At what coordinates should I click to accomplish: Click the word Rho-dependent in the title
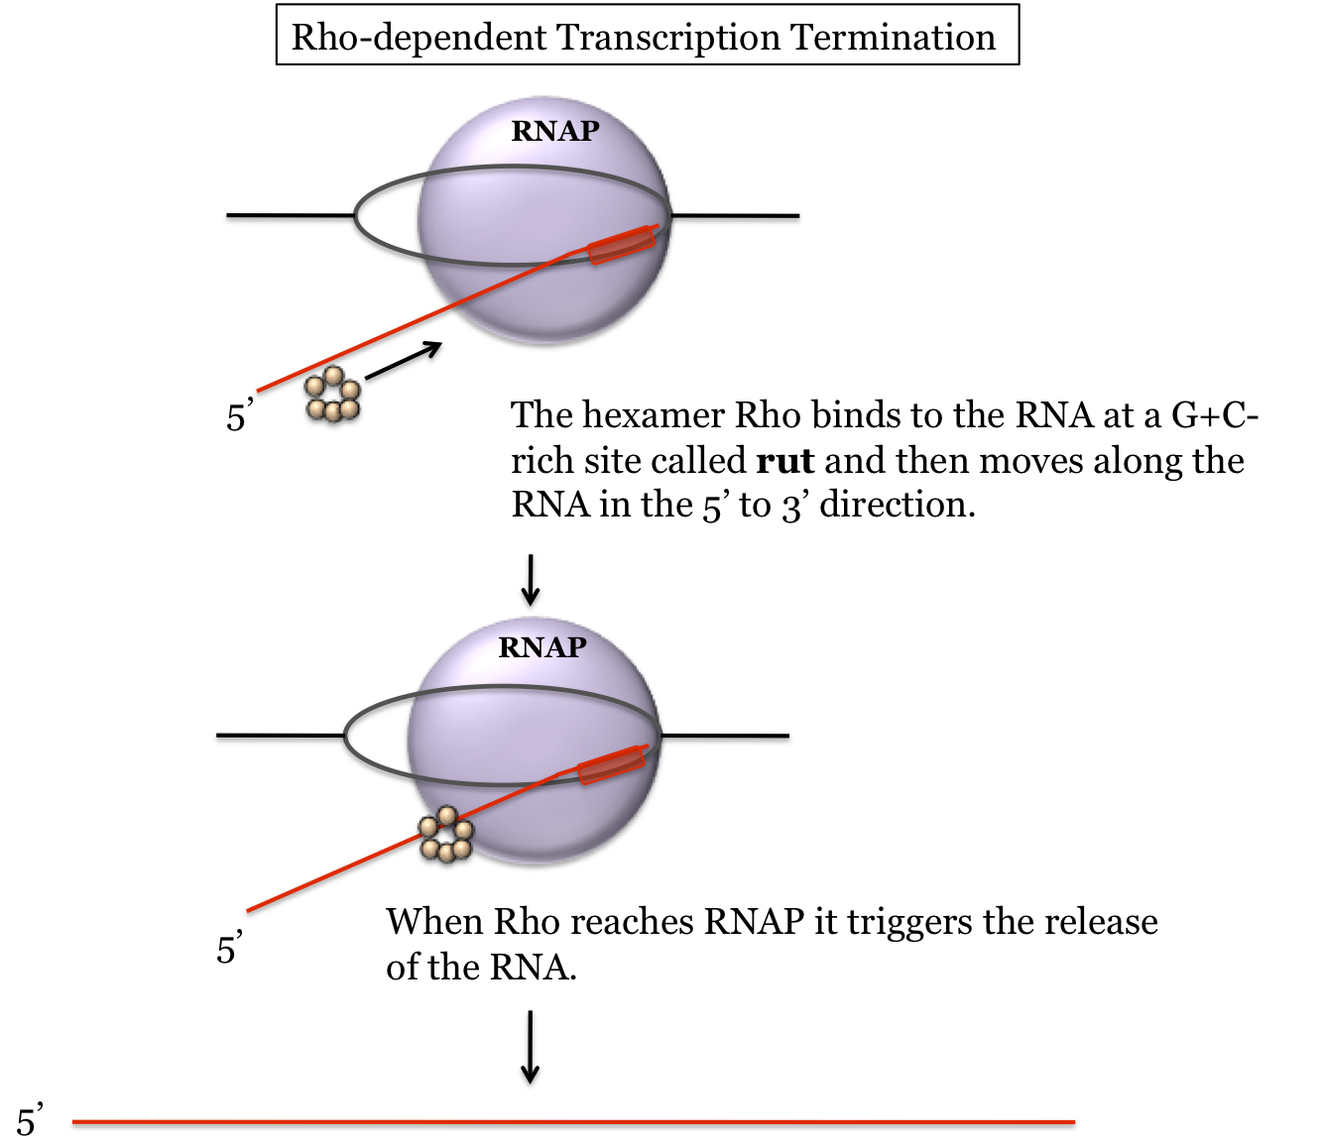(x=420, y=38)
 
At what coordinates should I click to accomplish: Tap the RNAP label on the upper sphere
(x=555, y=131)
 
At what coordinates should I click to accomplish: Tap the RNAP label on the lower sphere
(x=542, y=647)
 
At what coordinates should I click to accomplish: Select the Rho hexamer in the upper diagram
(x=333, y=396)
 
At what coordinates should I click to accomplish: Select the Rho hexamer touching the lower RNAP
(x=445, y=835)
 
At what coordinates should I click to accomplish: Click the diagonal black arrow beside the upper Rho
(x=403, y=361)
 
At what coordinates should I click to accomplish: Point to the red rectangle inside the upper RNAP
(x=622, y=245)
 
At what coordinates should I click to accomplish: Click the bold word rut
(x=784, y=461)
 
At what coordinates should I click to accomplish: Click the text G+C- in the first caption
(x=1215, y=415)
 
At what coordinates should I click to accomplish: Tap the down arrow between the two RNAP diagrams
(x=531, y=580)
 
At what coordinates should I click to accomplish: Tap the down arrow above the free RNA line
(x=531, y=1047)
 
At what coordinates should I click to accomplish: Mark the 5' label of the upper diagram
(x=239, y=416)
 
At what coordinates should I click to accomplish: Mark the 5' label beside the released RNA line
(x=29, y=1121)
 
